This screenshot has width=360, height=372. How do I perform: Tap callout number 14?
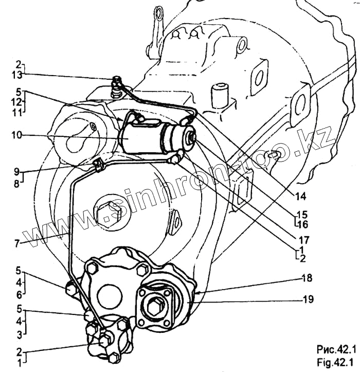[299, 196]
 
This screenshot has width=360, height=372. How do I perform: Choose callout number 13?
[19, 75]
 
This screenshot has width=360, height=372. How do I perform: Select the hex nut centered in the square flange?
[154, 307]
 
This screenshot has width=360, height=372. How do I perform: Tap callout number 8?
[17, 182]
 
